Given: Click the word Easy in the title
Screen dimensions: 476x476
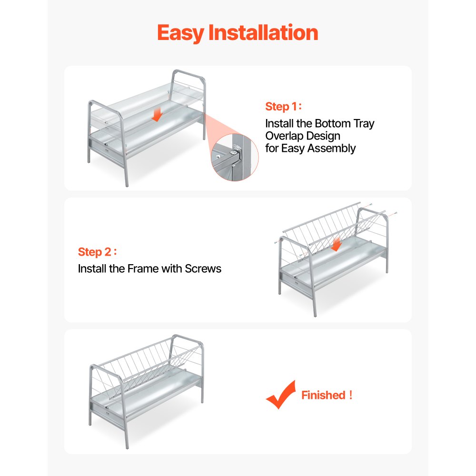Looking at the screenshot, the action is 180,33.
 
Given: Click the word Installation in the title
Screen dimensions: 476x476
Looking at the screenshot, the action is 263,32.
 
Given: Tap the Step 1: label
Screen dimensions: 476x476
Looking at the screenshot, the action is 284,107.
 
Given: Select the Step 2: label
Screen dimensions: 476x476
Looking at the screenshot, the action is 98,252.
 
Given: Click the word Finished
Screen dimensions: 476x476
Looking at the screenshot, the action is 323,395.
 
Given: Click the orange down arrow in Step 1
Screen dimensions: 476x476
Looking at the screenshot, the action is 157,115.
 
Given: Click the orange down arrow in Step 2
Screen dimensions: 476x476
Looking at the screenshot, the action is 336,245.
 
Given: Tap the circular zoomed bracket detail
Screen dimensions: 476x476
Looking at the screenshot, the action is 235,157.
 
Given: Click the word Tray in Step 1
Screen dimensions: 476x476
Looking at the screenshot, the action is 364,124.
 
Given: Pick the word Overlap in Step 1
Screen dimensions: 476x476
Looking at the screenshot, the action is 281,136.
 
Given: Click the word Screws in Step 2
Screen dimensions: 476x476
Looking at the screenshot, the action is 203,268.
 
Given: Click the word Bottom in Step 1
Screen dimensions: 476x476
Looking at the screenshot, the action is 333,124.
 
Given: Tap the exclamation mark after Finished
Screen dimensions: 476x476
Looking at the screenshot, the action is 351,395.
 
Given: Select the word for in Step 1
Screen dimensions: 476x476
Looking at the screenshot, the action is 272,149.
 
